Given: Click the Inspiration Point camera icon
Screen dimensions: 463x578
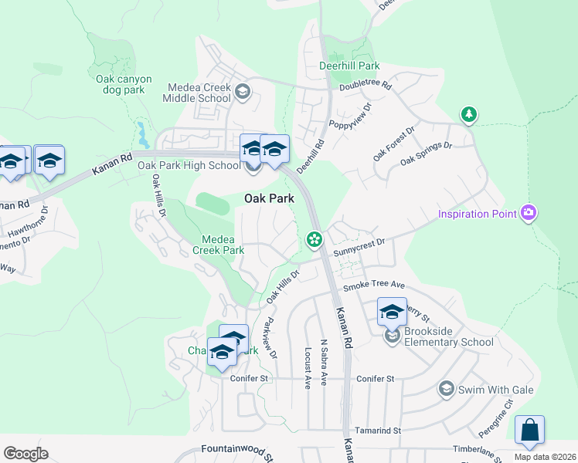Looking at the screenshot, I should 529,212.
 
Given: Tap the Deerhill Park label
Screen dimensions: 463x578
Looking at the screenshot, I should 349,66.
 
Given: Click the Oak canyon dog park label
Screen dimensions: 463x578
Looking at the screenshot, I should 124,84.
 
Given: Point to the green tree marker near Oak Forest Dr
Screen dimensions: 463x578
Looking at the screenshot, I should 468,115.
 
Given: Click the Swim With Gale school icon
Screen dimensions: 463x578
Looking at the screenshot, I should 446,389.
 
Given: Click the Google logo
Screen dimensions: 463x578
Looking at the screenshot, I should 25,453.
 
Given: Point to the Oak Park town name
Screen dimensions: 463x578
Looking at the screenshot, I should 269,198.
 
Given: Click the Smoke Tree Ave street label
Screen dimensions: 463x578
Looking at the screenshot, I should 374,285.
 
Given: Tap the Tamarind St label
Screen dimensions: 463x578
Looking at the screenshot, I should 378,431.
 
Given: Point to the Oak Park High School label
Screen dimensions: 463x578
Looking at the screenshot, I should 189,165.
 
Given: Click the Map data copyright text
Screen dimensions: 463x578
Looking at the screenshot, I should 546,457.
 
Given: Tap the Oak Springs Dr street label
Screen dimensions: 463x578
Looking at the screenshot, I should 426,153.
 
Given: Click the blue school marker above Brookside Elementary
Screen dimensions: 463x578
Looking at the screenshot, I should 392,313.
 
